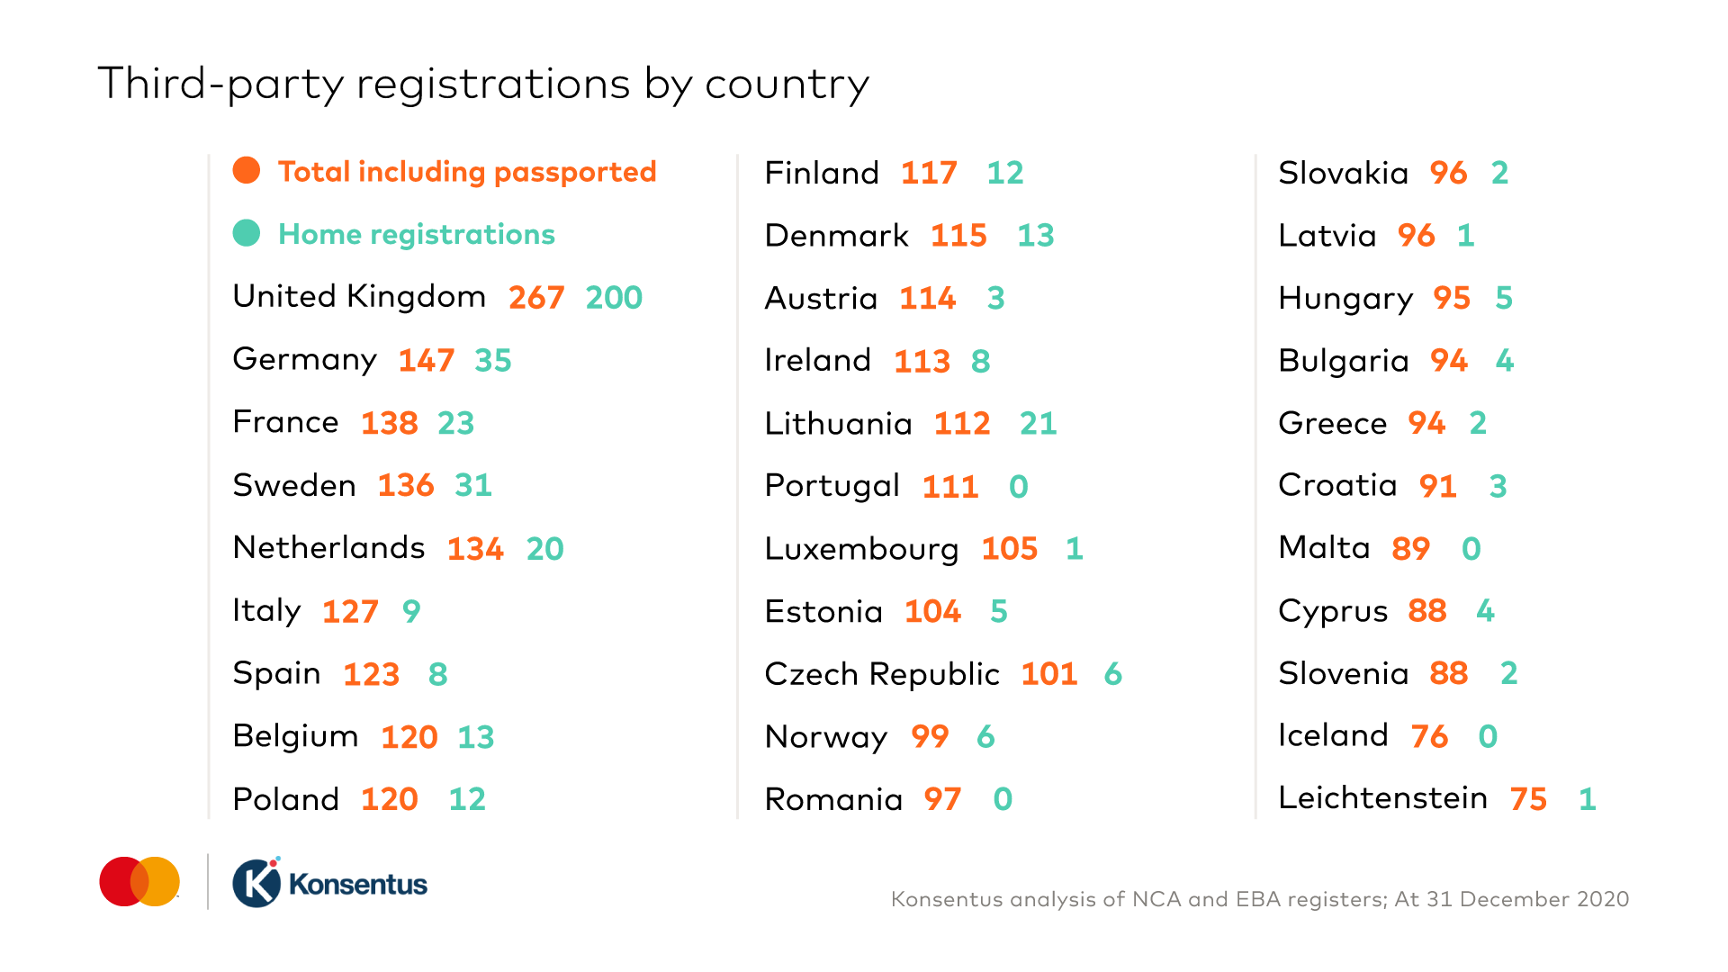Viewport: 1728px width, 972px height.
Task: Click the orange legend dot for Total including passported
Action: tap(247, 170)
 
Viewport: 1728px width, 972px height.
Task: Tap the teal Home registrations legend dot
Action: tap(247, 233)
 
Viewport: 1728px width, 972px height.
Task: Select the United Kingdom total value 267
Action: tap(536, 297)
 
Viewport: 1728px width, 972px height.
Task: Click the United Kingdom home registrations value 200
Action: tap(614, 297)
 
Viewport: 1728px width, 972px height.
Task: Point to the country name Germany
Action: tap(304, 360)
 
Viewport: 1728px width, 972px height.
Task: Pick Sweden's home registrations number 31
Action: tap(473, 485)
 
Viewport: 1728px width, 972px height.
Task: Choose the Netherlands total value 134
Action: tap(475, 548)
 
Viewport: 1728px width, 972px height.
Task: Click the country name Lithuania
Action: tap(838, 423)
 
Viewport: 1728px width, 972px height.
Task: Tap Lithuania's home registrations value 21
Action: tap(1038, 423)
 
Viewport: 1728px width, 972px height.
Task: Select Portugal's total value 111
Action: tap(950, 486)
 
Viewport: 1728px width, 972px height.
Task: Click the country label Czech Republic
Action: tap(882, 674)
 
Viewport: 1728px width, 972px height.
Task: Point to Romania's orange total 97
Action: tap(942, 799)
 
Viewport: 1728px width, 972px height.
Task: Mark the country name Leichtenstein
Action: tap(1382, 798)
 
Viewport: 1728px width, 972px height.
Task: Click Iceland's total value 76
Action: tap(1429, 736)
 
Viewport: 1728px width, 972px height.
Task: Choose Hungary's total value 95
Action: tap(1452, 298)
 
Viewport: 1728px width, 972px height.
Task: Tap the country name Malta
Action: tap(1324, 548)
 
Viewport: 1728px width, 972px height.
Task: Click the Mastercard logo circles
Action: tap(139, 882)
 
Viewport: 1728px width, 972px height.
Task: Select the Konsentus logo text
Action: tap(358, 884)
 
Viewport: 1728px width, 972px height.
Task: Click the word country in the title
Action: tap(787, 85)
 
